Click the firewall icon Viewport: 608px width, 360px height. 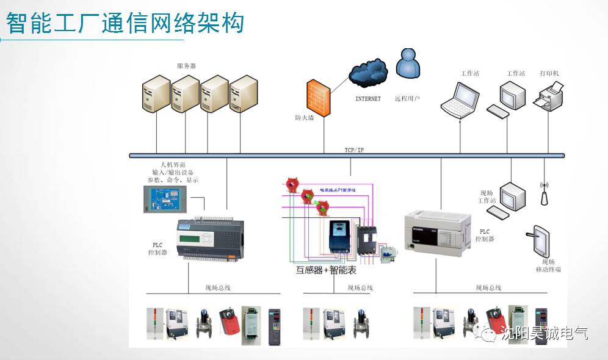click(317, 95)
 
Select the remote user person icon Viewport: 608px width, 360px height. click(408, 63)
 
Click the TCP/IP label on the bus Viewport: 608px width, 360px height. click(354, 150)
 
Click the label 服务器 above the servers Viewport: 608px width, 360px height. click(186, 66)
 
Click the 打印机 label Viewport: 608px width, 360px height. click(549, 74)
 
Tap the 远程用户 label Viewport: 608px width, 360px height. click(407, 98)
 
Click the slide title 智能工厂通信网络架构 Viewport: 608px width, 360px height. click(125, 23)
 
